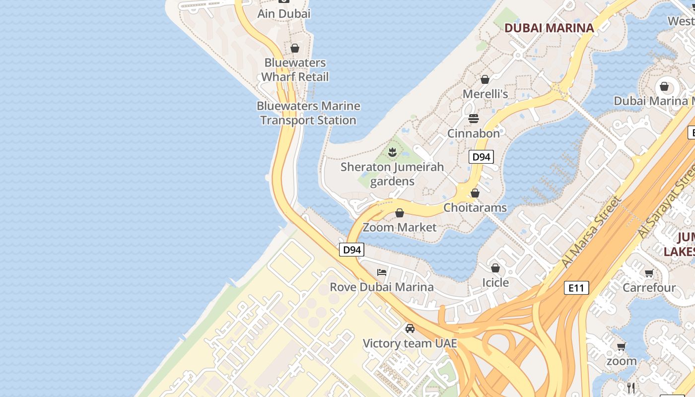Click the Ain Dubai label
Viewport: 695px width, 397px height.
pyautogui.click(x=283, y=14)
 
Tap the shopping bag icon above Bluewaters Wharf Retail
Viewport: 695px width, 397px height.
pyautogui.click(x=295, y=48)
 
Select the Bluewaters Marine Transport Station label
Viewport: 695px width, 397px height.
pyautogui.click(x=308, y=113)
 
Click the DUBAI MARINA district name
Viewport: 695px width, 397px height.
pyautogui.click(x=549, y=28)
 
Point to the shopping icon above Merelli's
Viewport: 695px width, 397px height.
pyautogui.click(x=485, y=79)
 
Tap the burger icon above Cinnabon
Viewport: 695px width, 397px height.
pyautogui.click(x=474, y=119)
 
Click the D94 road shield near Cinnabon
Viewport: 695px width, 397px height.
pyautogui.click(x=481, y=157)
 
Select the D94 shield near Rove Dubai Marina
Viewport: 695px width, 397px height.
pyautogui.click(x=352, y=250)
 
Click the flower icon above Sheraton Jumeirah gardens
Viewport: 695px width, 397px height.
pyautogui.click(x=392, y=152)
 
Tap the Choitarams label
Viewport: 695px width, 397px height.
pyautogui.click(x=475, y=207)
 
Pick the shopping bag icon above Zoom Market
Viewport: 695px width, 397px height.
pyautogui.click(x=400, y=213)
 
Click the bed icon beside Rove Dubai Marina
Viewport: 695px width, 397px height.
pyautogui.click(x=382, y=272)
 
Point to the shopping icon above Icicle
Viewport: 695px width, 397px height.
pyautogui.click(x=495, y=268)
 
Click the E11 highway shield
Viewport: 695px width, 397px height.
pyautogui.click(x=576, y=287)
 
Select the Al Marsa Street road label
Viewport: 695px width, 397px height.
pyautogui.click(x=591, y=232)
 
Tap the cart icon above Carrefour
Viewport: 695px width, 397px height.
pyautogui.click(x=649, y=273)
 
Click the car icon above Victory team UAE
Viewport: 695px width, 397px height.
pyautogui.click(x=410, y=329)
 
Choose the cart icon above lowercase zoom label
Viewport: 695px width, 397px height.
pyautogui.click(x=621, y=346)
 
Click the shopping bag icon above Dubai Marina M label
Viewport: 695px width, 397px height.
pyautogui.click(x=664, y=87)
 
